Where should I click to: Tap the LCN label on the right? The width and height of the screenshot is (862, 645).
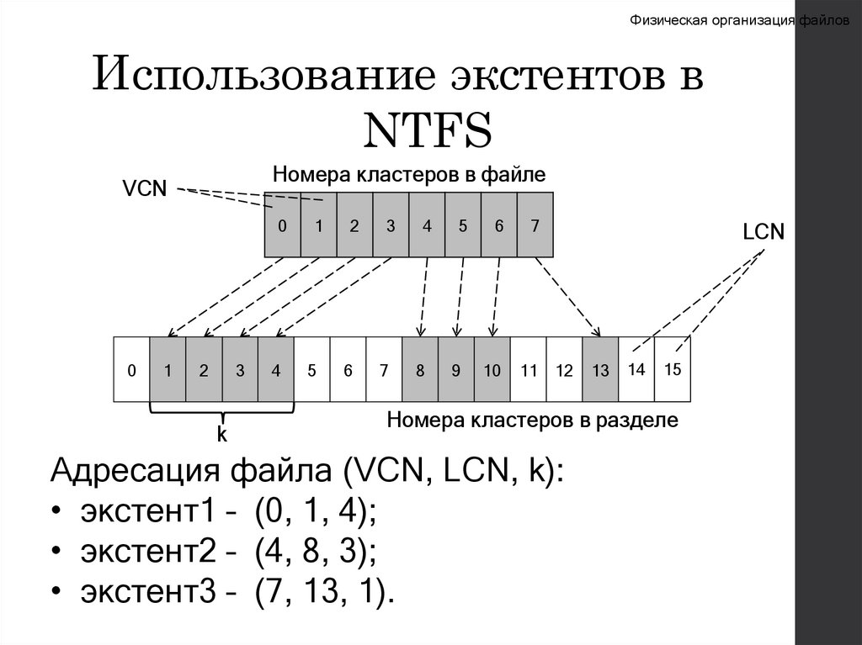pyautogui.click(x=764, y=233)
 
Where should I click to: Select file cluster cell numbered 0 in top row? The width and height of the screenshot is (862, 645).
pyautogui.click(x=283, y=225)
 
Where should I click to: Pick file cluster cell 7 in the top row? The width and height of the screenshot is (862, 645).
pyautogui.click(x=535, y=225)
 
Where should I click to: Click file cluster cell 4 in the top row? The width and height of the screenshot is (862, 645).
pyautogui.click(x=427, y=225)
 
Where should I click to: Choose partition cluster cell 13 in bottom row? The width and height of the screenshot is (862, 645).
pyautogui.click(x=600, y=369)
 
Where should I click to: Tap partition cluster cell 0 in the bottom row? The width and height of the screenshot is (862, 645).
pyautogui.click(x=131, y=369)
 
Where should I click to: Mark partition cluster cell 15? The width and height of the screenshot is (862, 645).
pyautogui.click(x=673, y=368)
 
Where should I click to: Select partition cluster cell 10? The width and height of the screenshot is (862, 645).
pyautogui.click(x=492, y=369)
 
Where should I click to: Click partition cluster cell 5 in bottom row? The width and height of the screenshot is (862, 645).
pyautogui.click(x=311, y=369)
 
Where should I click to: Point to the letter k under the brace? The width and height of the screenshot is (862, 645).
pyautogui.click(x=222, y=435)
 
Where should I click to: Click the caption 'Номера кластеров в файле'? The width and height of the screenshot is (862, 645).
pyautogui.click(x=409, y=175)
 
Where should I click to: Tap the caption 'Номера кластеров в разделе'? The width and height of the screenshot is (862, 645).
pyautogui.click(x=532, y=420)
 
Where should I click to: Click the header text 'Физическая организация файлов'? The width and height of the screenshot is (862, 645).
pyautogui.click(x=741, y=21)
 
